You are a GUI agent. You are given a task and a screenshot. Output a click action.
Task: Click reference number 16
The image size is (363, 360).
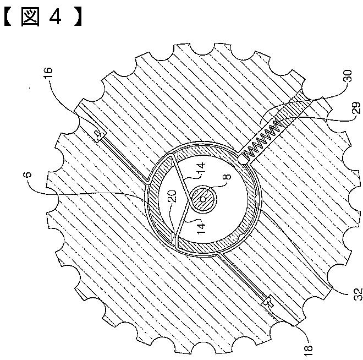click(x=48, y=73)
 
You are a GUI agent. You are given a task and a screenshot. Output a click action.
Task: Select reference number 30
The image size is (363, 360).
click(x=348, y=76)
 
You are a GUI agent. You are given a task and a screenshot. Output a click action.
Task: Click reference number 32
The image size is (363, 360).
click(x=358, y=294)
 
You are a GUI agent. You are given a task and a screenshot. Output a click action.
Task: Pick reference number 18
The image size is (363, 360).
click(x=308, y=352)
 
